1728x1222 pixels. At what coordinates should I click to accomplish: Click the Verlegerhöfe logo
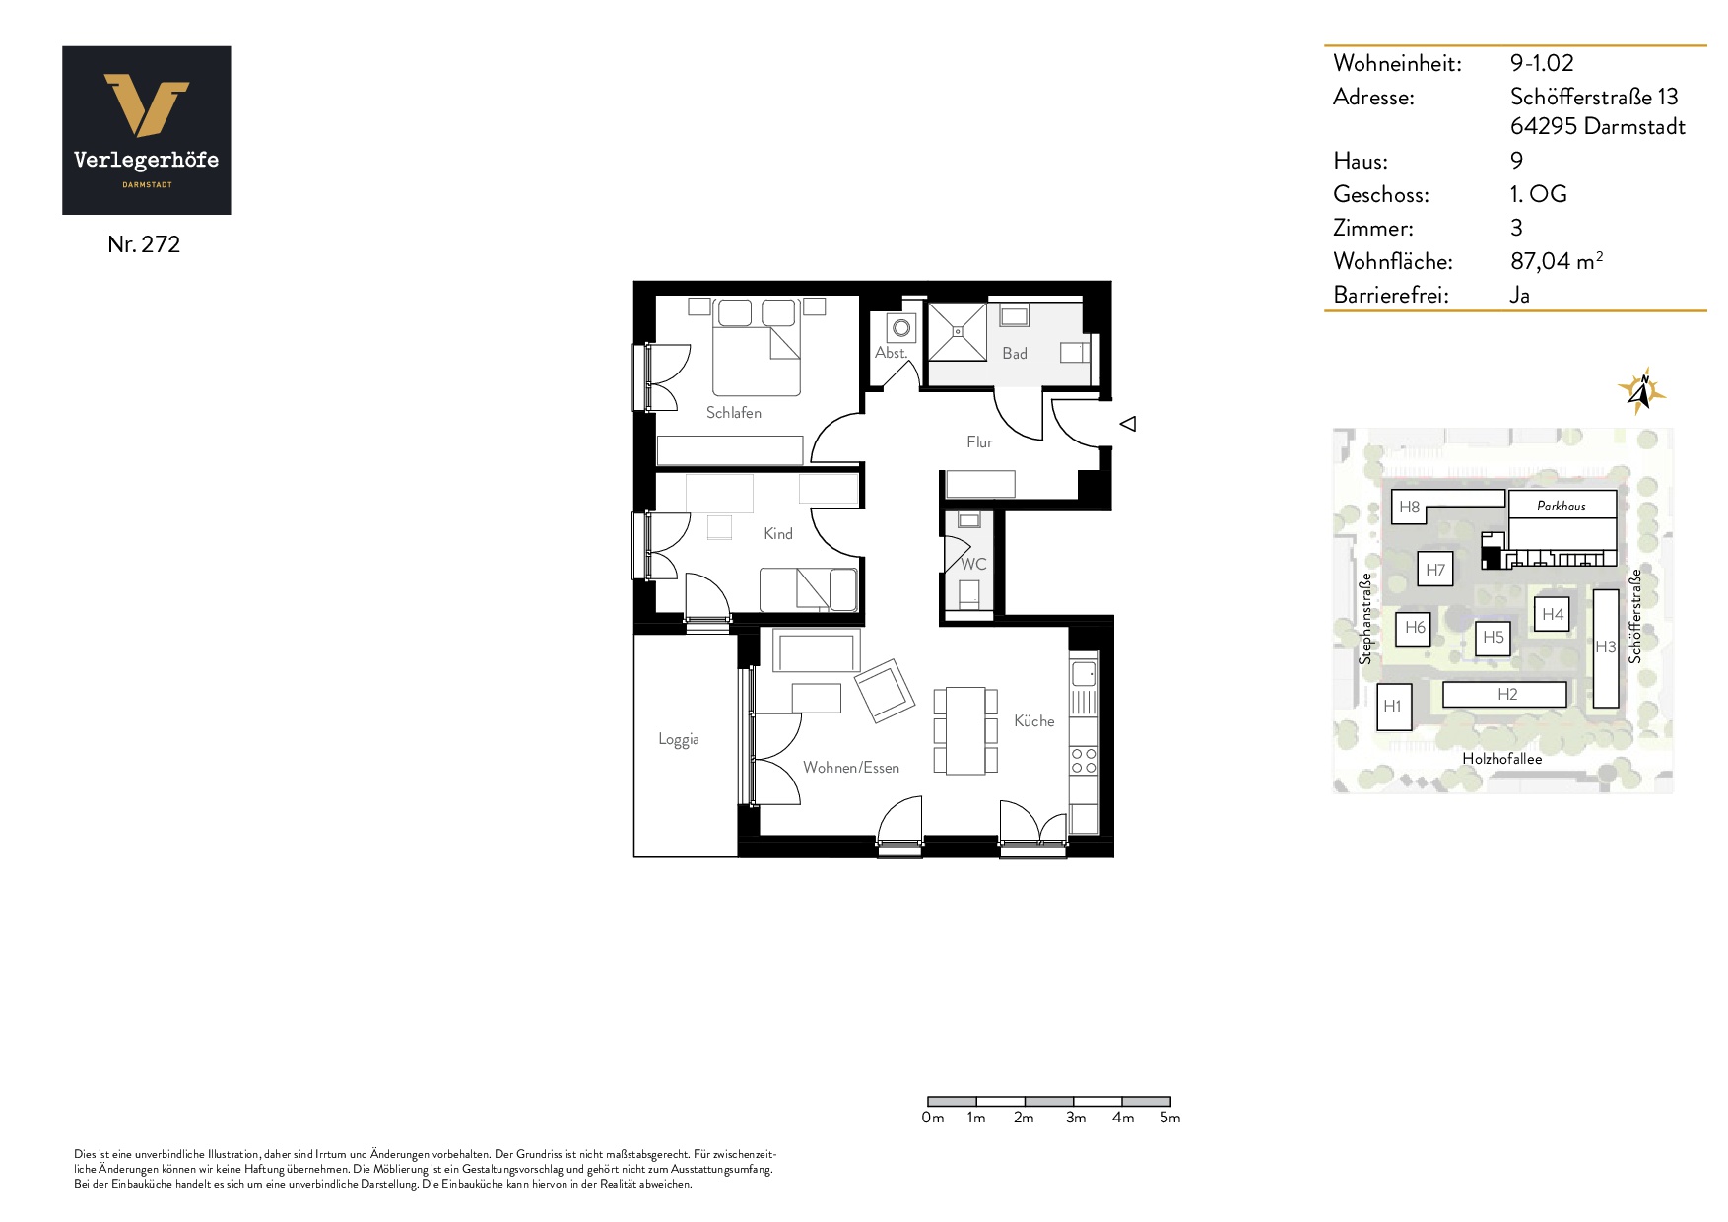click(147, 130)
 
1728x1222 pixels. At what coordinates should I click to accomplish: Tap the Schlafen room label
click(734, 413)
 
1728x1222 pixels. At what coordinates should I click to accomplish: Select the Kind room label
click(778, 533)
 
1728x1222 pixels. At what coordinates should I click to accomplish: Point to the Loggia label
click(679, 740)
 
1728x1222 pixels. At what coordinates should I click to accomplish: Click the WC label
click(973, 564)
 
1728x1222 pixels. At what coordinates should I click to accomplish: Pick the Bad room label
click(1015, 353)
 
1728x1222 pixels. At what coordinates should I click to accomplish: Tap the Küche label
click(1034, 721)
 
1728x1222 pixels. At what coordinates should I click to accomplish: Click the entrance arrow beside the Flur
click(1128, 424)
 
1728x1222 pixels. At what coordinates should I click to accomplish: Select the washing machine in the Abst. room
click(901, 328)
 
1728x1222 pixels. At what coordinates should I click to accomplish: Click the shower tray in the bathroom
click(958, 332)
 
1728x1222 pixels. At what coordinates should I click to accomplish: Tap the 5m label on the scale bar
click(1169, 1118)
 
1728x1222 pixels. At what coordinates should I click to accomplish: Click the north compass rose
click(1641, 391)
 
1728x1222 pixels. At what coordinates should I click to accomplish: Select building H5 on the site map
click(1494, 638)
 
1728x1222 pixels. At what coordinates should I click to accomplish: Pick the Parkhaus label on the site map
click(1562, 507)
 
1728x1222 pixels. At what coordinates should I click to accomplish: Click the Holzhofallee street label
click(1502, 759)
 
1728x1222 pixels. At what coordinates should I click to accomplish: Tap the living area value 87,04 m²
click(1557, 261)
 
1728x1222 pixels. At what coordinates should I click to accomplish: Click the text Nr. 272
click(144, 244)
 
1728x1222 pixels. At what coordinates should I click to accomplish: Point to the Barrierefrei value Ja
click(1520, 295)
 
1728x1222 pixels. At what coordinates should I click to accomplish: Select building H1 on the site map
click(1393, 707)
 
